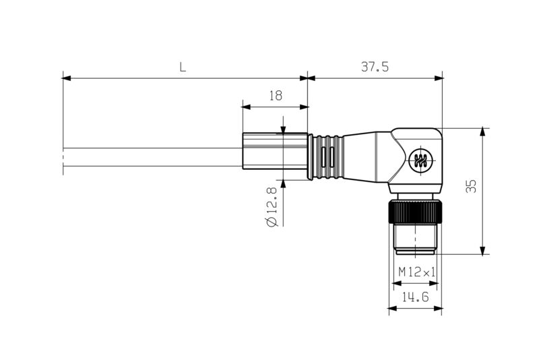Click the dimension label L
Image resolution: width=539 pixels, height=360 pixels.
pos(183,67)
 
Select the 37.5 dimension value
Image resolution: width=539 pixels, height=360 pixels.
pos(375,67)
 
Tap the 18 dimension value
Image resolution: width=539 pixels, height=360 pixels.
pos(275,95)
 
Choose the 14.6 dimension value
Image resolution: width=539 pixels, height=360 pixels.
pos(416,297)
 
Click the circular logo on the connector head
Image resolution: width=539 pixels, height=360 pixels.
pos(421,160)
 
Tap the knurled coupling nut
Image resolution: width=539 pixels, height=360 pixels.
pos(414,212)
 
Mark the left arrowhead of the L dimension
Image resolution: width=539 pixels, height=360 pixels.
pos(66,78)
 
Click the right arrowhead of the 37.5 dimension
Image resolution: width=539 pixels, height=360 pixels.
pos(439,78)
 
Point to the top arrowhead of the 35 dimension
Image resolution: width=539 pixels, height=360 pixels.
pos(482,131)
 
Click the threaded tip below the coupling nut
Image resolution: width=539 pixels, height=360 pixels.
pos(415,241)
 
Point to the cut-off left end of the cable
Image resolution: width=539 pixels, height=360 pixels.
pos(64,158)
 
